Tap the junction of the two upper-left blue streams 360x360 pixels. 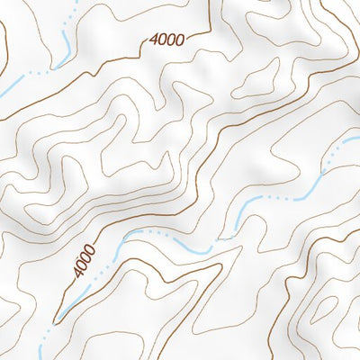tap(52, 68)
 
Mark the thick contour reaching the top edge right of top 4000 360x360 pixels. tap(209, 13)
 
